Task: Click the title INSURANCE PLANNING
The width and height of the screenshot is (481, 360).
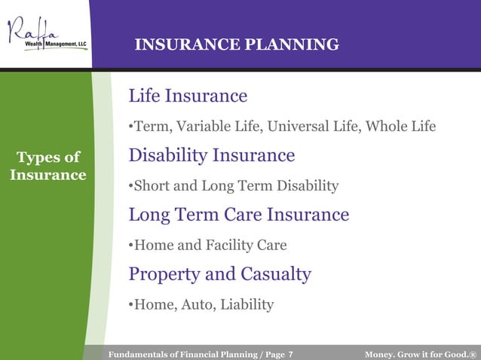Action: click(236, 45)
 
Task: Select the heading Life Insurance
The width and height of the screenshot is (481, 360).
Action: click(188, 96)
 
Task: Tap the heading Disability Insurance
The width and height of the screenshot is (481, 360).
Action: click(211, 156)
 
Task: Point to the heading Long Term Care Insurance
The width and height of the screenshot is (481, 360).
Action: click(238, 215)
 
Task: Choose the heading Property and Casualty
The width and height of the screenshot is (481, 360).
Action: click(219, 274)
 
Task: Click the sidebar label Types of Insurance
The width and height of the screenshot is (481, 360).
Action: click(48, 166)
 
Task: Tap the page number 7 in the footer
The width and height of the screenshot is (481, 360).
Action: click(290, 354)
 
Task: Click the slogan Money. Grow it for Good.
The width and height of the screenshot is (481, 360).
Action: click(420, 354)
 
